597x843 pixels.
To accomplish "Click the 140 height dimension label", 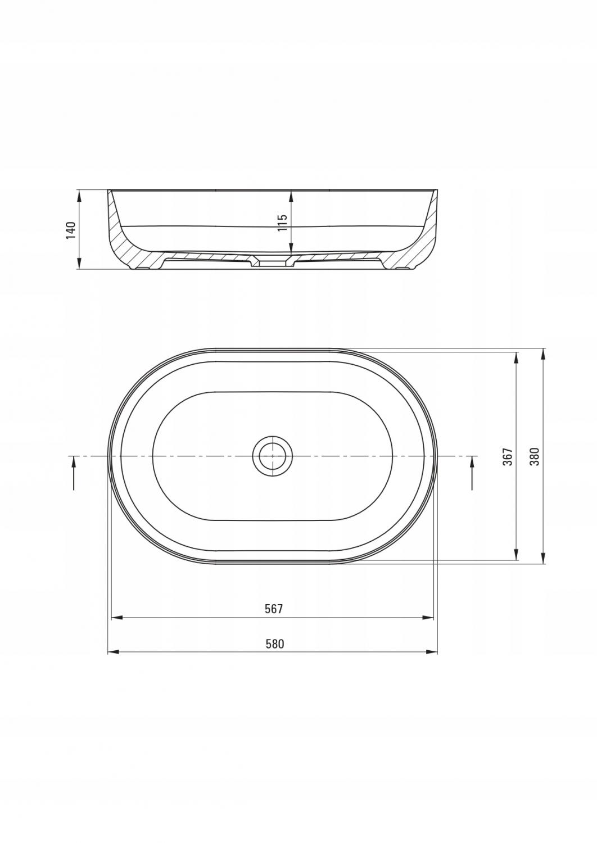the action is point(70,230).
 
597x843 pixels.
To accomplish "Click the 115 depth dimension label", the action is point(282,223).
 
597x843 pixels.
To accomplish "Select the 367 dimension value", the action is point(508,456).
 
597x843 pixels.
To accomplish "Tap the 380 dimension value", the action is point(535,456).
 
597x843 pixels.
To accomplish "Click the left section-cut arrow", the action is point(74,473).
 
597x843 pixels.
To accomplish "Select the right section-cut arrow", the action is point(473,473).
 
